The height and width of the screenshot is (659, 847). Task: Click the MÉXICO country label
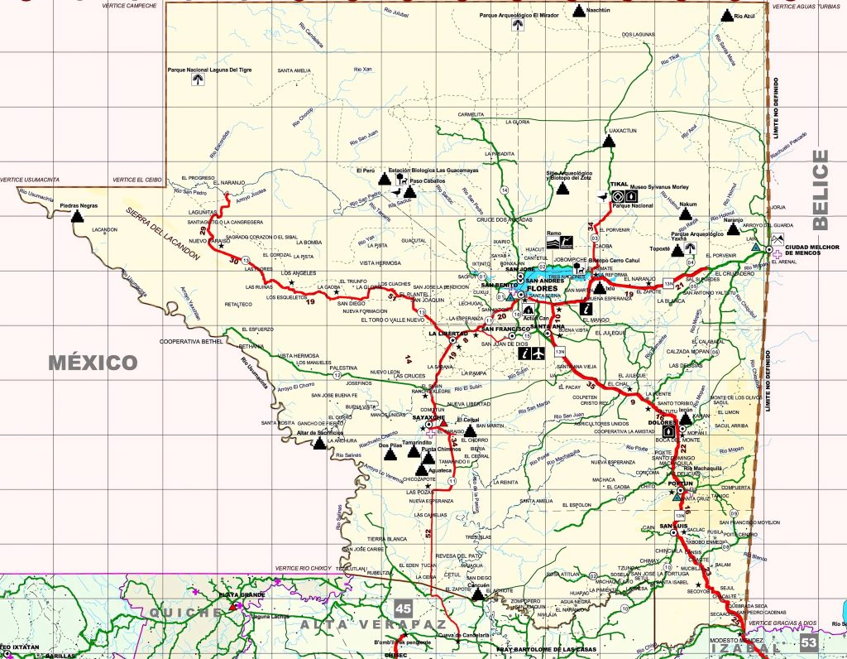click(93, 363)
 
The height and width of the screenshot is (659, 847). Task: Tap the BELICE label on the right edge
click(821, 190)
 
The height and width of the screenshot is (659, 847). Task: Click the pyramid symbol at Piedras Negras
click(79, 217)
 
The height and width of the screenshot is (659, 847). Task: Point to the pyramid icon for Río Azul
click(727, 15)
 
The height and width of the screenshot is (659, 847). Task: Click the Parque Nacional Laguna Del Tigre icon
click(197, 79)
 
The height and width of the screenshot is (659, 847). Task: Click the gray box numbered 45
click(403, 609)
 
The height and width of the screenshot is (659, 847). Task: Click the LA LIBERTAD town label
click(443, 333)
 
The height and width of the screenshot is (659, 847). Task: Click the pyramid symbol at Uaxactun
click(609, 141)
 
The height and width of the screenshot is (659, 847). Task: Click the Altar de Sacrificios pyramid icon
click(319, 443)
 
